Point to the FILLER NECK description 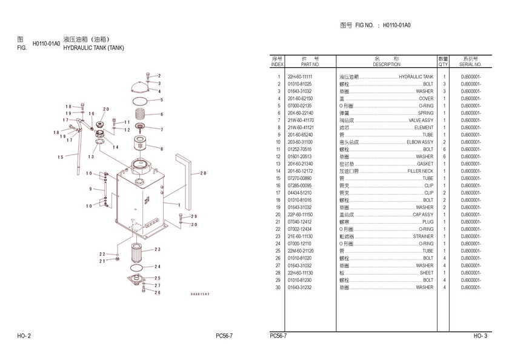[x=420, y=171]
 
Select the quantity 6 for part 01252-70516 [x=444, y=149]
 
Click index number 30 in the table [x=278, y=287]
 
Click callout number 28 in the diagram [x=203, y=173]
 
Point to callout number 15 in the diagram [x=61, y=157]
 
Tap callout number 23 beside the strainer [x=158, y=249]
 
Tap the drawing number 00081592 [x=199, y=294]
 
